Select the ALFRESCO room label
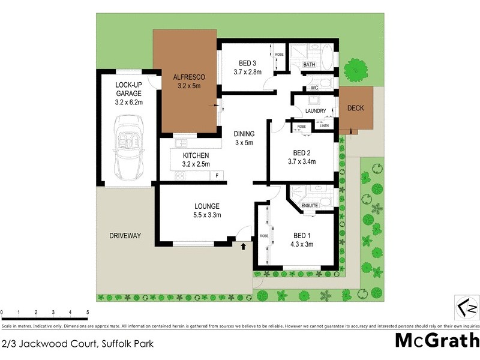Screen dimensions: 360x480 click(189, 77)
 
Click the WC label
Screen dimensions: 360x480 click(313, 88)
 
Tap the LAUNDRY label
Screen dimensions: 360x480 click(316, 111)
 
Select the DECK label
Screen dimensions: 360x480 click(359, 109)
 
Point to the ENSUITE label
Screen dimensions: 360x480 click(310, 206)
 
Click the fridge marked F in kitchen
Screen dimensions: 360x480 click(218, 176)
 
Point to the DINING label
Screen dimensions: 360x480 click(245, 134)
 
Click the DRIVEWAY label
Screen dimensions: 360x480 click(125, 236)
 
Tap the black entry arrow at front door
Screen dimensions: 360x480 click(243, 246)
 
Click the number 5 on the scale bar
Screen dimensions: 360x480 click(88, 313)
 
